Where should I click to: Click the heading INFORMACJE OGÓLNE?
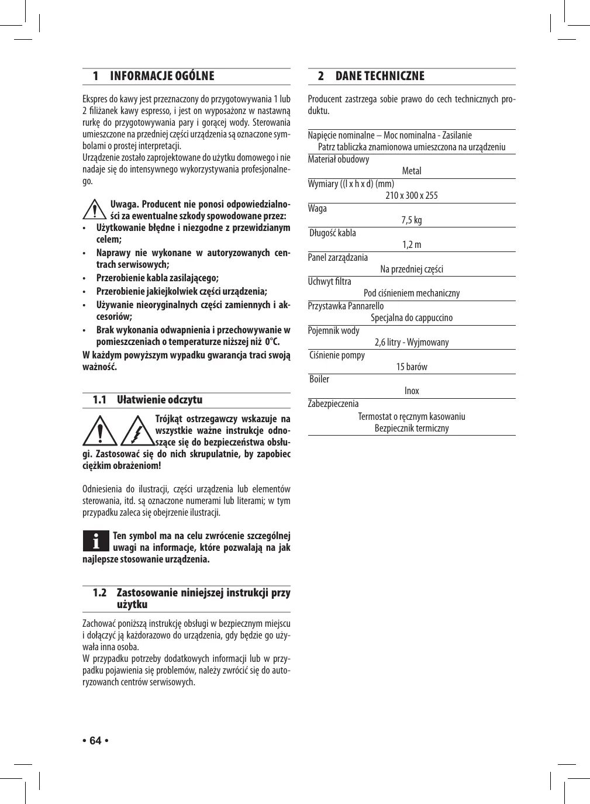click(x=162, y=76)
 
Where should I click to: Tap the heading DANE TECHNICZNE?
click(x=379, y=76)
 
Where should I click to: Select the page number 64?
click(x=95, y=741)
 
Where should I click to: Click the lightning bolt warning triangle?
click(x=137, y=432)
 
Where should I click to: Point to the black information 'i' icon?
click(x=95, y=541)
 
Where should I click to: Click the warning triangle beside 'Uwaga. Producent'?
click(x=94, y=210)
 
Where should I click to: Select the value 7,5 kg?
click(x=412, y=220)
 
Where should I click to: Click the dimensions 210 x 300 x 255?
click(x=412, y=195)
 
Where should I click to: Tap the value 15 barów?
click(x=412, y=367)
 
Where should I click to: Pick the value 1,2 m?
click(x=412, y=244)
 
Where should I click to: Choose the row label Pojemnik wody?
click(x=334, y=330)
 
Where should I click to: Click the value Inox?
click(x=412, y=391)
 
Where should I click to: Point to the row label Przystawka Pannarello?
click(x=346, y=306)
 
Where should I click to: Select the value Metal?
click(x=412, y=171)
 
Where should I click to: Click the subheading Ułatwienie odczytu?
click(x=160, y=400)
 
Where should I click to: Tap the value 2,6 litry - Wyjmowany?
click(x=412, y=342)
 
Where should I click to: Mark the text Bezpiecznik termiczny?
click(x=412, y=428)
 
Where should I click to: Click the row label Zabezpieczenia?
click(x=333, y=403)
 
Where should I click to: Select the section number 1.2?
click(x=100, y=593)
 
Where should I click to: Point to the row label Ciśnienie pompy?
click(x=337, y=355)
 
